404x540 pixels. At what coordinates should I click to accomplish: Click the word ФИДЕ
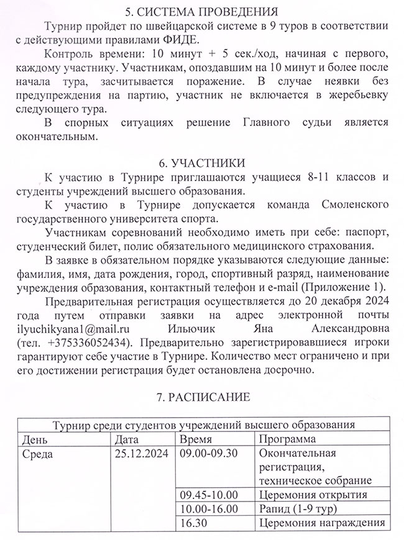[182, 40]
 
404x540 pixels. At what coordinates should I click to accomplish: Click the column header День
[34, 439]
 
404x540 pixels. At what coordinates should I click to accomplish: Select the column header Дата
[128, 439]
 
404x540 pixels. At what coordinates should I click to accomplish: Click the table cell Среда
[37, 453]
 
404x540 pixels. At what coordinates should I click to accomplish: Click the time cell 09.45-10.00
[208, 495]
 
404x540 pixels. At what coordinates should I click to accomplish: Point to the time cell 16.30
[192, 523]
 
